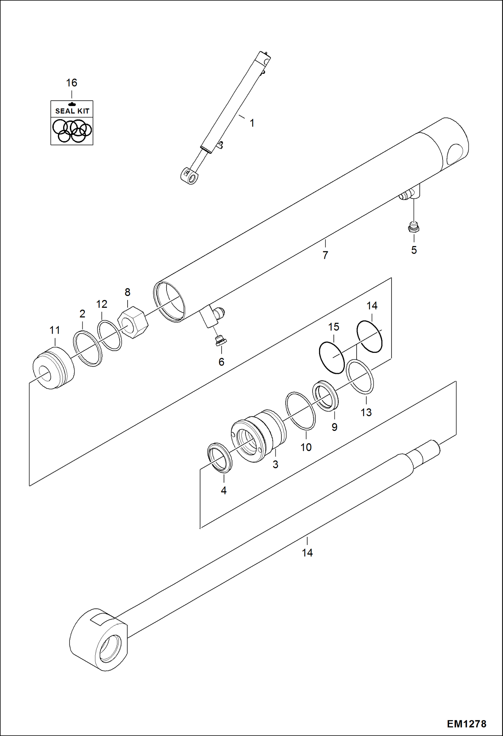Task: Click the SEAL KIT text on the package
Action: coord(72,111)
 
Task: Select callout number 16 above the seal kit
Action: coord(72,83)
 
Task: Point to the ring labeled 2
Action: coord(88,348)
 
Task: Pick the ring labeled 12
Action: coord(109,335)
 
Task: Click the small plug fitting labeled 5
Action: coord(414,228)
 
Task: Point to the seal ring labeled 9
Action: coord(325,396)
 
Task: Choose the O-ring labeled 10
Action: coord(300,411)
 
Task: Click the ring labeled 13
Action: coord(360,376)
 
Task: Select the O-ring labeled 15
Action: coord(332,357)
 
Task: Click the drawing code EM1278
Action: coord(466,724)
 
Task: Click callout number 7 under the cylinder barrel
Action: coord(325,255)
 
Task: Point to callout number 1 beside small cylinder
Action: coord(252,123)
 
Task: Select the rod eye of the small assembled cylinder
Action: coord(190,176)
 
